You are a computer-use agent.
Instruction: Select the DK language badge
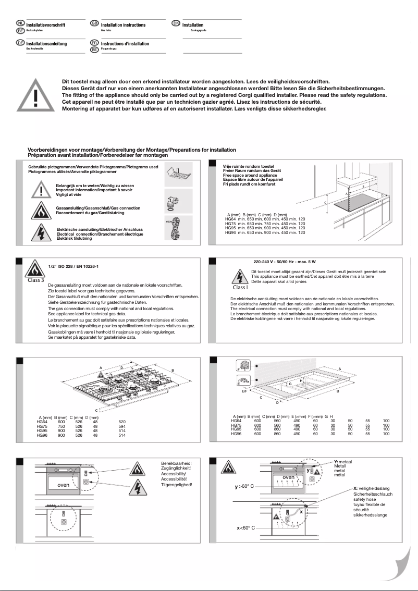(176, 24)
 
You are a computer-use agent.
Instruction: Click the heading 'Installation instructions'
(123, 25)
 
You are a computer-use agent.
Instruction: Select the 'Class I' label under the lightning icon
(240, 287)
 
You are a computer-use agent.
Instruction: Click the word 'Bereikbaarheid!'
(177, 463)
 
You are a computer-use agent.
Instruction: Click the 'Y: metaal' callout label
(343, 462)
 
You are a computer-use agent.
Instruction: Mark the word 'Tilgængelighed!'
(177, 485)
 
